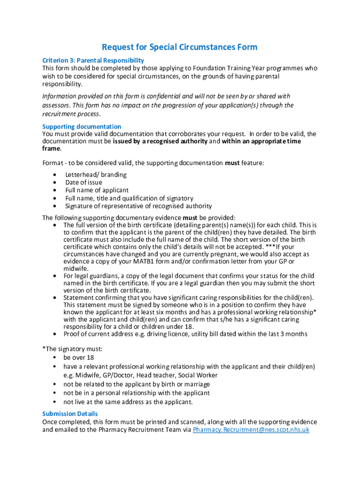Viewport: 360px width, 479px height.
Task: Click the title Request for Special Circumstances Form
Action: [x=180, y=47]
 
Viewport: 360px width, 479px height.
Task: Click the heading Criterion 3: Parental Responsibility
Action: [x=93, y=60]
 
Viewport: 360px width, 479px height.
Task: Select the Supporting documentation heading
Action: [x=82, y=126]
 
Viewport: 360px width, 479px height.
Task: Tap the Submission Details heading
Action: [x=70, y=414]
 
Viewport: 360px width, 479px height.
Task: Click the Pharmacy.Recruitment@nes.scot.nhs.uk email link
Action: [x=251, y=429]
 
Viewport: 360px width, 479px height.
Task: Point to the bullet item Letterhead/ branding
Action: [x=96, y=174]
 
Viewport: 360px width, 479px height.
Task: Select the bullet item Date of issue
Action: [x=84, y=182]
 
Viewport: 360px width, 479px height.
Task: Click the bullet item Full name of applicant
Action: [x=97, y=190]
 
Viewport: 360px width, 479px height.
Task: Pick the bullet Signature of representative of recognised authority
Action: [x=138, y=206]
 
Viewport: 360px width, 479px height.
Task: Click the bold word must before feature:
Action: [x=232, y=163]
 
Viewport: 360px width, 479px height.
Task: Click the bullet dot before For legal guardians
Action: [x=55, y=276]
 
